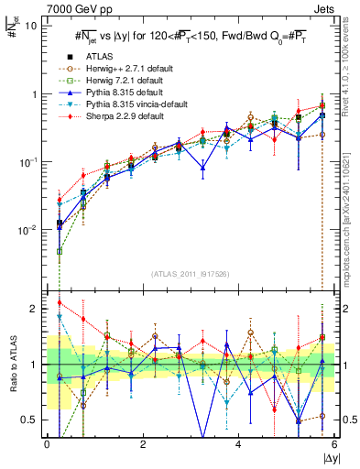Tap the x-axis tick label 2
(143, 443)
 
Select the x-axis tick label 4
(238, 443)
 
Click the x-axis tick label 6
(333, 443)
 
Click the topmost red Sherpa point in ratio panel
(60, 302)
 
